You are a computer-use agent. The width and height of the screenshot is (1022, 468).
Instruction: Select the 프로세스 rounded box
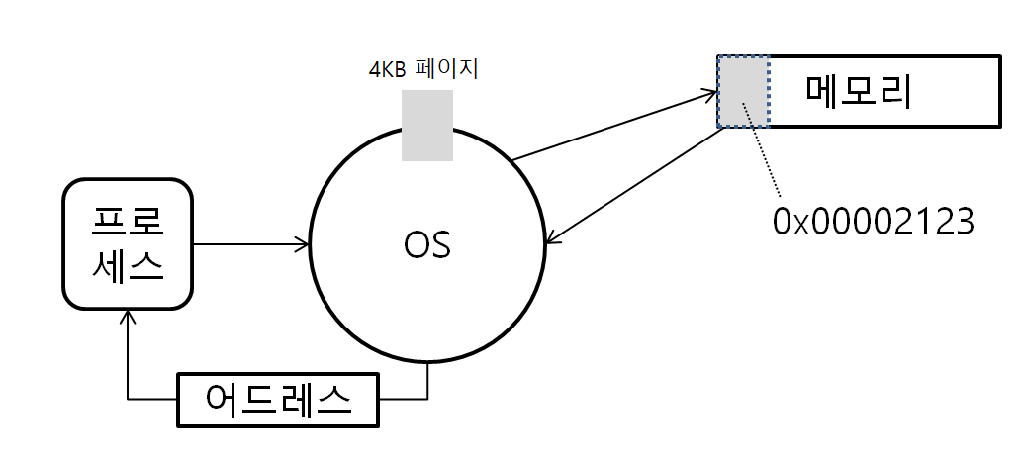pos(128,243)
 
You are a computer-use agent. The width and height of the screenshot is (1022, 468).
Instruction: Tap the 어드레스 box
pos(279,400)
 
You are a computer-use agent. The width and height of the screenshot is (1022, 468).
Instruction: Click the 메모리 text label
pos(857,92)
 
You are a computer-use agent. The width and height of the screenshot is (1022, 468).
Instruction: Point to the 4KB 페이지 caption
pos(423,71)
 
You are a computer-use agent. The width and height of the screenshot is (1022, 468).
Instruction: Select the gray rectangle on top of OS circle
pos(427,126)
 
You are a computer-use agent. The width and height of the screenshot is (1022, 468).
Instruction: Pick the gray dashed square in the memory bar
pos(743,92)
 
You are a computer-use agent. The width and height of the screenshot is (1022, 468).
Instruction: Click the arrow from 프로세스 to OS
pos(247,243)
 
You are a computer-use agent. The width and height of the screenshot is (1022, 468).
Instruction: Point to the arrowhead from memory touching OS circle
pos(552,239)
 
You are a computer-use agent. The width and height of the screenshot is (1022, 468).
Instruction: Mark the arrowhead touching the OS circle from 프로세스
pos(303,243)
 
